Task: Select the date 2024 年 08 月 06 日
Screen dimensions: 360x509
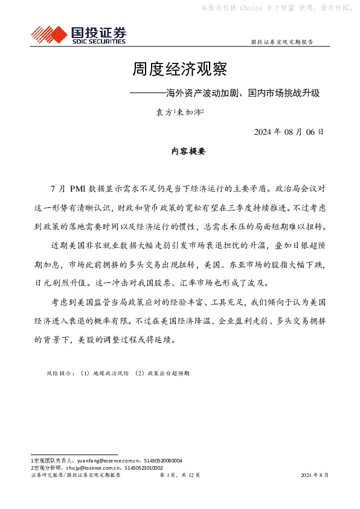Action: (x=289, y=131)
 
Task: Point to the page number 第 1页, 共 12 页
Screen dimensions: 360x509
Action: (x=179, y=476)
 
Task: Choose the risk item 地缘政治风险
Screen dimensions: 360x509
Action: (x=106, y=374)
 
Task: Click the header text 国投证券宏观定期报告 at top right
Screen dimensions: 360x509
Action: (x=281, y=43)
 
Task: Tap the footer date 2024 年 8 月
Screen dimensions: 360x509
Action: (x=315, y=476)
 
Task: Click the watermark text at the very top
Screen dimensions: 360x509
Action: (x=277, y=8)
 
